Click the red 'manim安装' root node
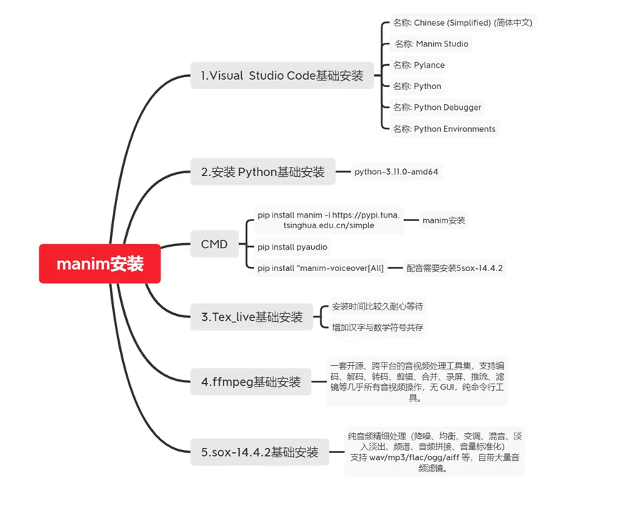(100, 263)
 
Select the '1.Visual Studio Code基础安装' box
(282, 75)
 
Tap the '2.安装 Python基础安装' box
(263, 172)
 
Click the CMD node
(214, 244)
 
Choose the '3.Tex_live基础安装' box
(252, 317)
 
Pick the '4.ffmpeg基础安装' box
(251, 382)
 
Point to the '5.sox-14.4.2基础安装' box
(260, 452)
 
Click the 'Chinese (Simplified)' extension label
(462, 23)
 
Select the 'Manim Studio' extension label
(432, 44)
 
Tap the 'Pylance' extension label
(419, 65)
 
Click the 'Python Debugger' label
(437, 107)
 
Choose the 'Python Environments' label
(444, 129)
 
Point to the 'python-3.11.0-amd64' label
(396, 172)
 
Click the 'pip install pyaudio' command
(293, 247)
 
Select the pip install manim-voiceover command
(321, 268)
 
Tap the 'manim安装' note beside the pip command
(444, 220)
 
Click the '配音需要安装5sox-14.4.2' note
(455, 268)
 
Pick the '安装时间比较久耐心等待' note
(378, 307)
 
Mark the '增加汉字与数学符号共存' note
(378, 327)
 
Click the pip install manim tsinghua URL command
(329, 220)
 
